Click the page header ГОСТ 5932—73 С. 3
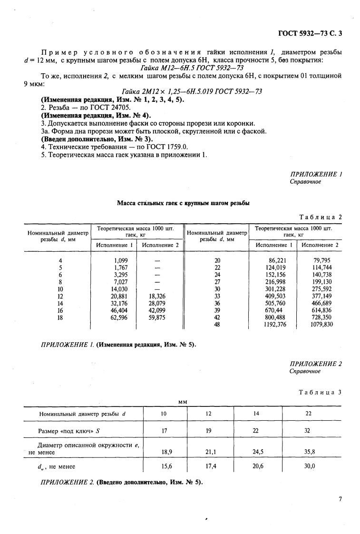[310, 33]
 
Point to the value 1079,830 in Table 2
[321, 325]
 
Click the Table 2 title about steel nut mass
[184, 203]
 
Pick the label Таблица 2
[321, 217]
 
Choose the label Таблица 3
[321, 392]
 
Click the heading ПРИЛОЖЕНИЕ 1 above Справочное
[316, 174]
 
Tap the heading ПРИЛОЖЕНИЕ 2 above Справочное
[316, 364]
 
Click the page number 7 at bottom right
[340, 499]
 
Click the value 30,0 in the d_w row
[310, 467]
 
